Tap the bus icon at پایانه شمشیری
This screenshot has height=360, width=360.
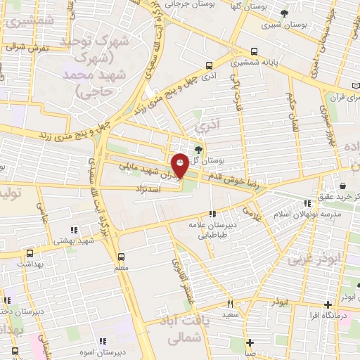pyautogui.click(x=254, y=51)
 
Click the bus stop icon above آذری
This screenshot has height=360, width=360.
pyautogui.click(x=209, y=65)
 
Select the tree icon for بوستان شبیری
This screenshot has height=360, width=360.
pyautogui.click(x=284, y=13)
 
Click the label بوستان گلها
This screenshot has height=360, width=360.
pyautogui.click(x=246, y=6)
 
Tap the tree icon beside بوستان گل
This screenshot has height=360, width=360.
pyautogui.click(x=198, y=149)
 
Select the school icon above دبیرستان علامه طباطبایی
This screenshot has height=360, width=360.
pyautogui.click(x=212, y=214)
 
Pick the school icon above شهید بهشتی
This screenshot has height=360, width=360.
pyautogui.click(x=74, y=230)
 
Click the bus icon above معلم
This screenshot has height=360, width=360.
pyautogui.click(x=121, y=257)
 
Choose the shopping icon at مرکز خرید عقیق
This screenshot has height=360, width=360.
pyautogui.click(x=342, y=186)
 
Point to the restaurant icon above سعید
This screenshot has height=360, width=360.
pyautogui.click(x=230, y=304)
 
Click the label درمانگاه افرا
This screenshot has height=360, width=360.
pyautogui.click(x=324, y=314)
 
